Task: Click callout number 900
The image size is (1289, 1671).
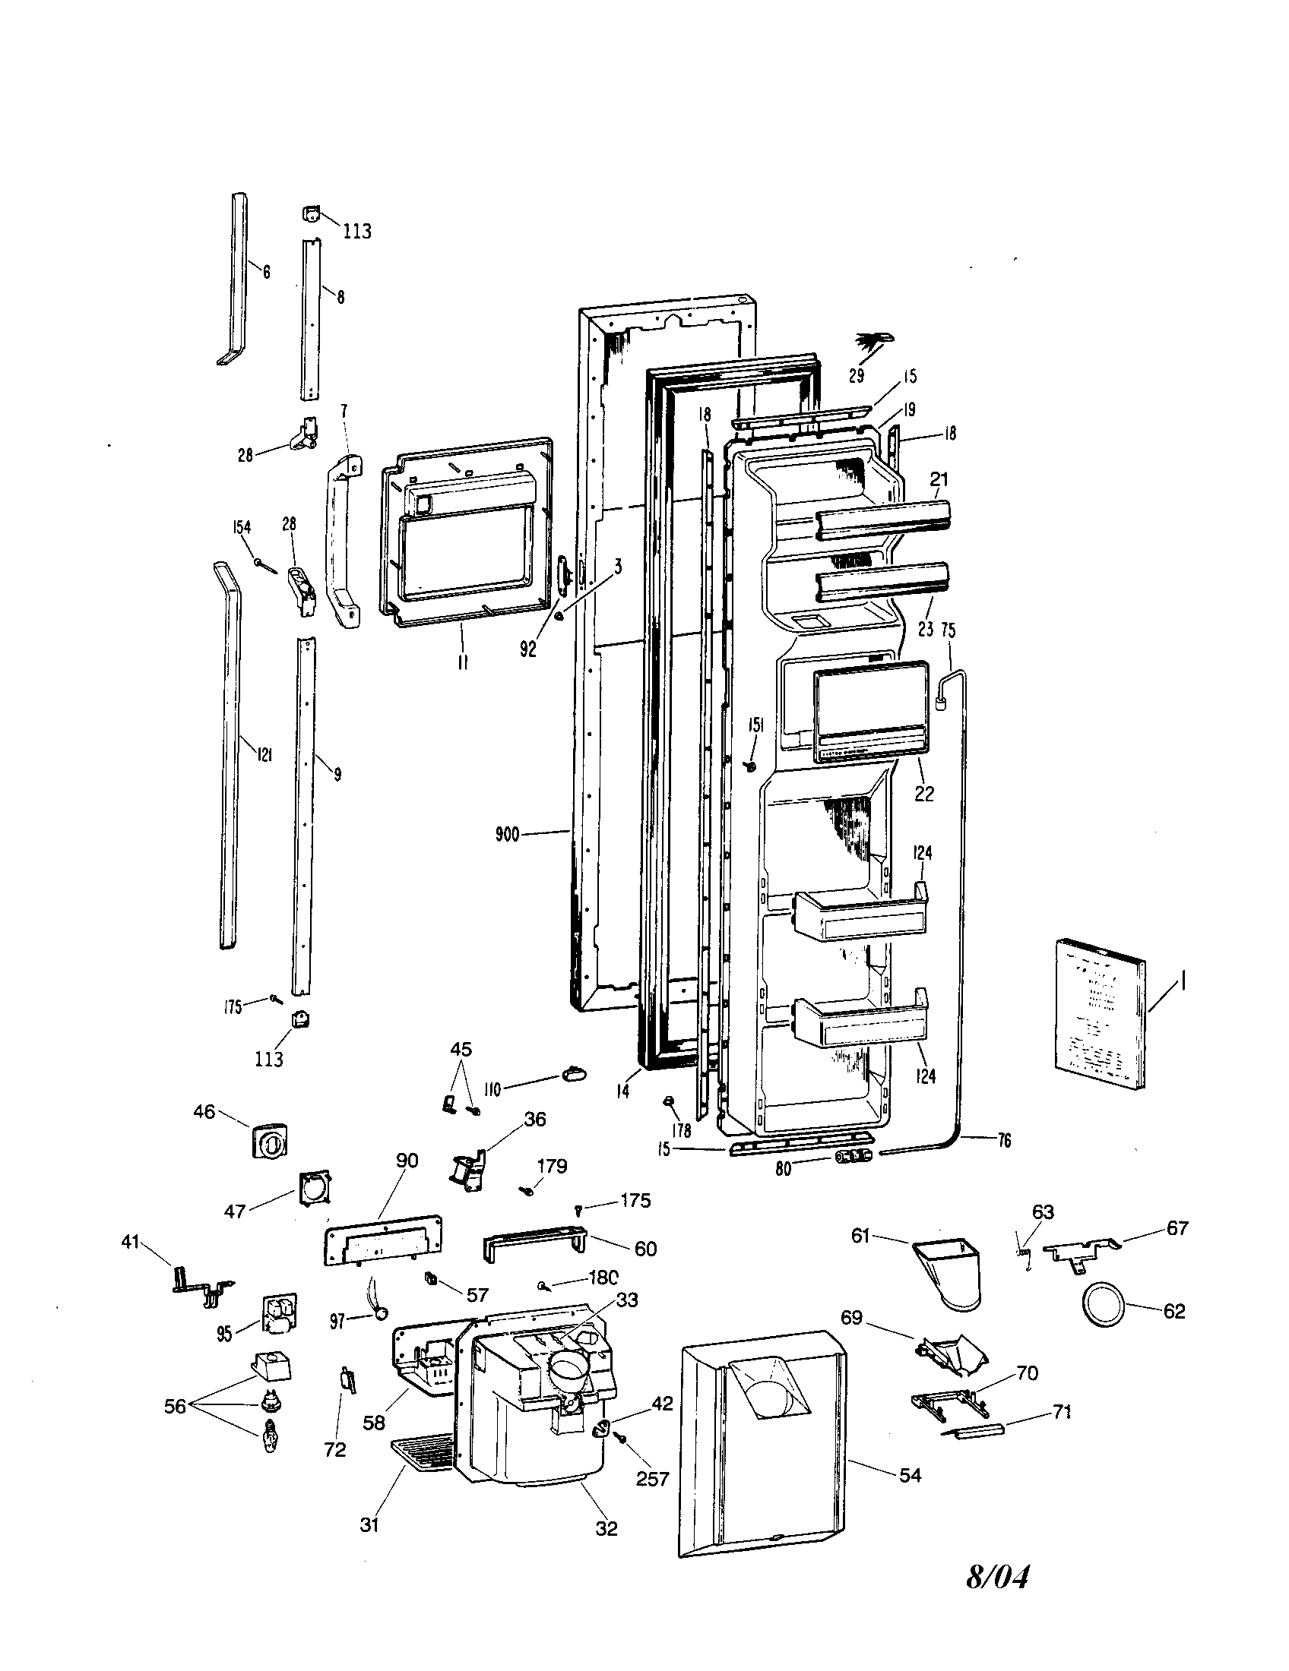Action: (x=506, y=834)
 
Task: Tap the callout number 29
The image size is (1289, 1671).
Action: (x=856, y=375)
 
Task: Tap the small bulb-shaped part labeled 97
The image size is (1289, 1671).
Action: (x=379, y=1315)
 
